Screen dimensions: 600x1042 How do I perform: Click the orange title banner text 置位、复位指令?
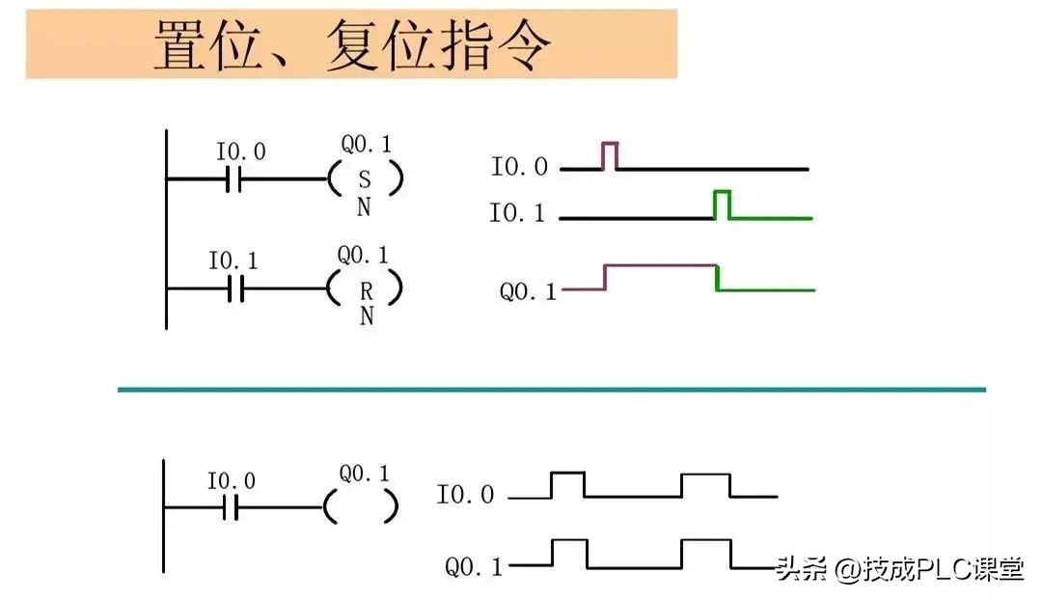pyautogui.click(x=352, y=44)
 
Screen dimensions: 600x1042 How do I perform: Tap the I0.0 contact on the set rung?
pyautogui.click(x=233, y=179)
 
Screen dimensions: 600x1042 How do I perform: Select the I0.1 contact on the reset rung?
pyautogui.click(x=235, y=288)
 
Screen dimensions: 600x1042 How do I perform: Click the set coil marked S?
pyautogui.click(x=364, y=179)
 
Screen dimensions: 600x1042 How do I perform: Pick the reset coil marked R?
pyautogui.click(x=365, y=288)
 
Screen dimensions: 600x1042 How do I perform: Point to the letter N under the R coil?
pyautogui.click(x=366, y=315)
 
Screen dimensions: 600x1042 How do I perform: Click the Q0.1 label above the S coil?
pyautogui.click(x=366, y=146)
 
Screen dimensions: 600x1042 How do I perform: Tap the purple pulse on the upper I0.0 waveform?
pyautogui.click(x=610, y=154)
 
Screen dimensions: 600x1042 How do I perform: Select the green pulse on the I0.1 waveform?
pyautogui.click(x=722, y=204)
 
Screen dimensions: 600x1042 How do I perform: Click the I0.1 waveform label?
pyautogui.click(x=517, y=213)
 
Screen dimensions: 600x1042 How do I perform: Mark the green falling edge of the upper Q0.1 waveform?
pyautogui.click(x=717, y=278)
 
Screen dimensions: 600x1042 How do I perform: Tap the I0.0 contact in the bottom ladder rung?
pyautogui.click(x=230, y=507)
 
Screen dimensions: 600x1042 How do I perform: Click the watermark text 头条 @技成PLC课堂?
pyautogui.click(x=898, y=569)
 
